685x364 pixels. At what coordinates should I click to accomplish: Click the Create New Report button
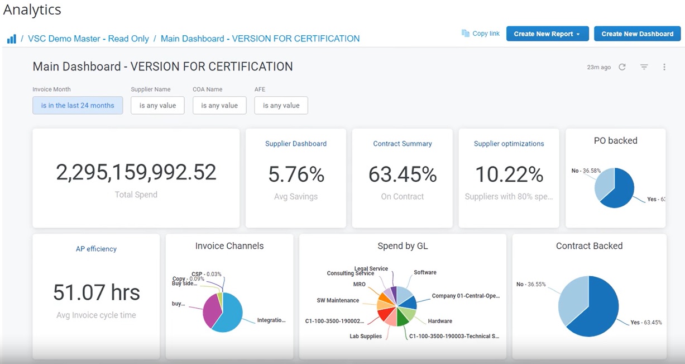point(547,34)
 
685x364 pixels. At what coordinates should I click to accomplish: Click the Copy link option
point(481,34)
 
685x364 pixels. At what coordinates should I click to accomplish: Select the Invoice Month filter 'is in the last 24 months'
point(78,105)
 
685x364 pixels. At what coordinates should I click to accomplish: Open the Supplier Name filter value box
point(157,105)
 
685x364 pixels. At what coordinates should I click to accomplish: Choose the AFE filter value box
point(281,105)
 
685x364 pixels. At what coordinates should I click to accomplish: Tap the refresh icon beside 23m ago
point(622,67)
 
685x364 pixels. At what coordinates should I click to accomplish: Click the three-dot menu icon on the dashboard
point(664,67)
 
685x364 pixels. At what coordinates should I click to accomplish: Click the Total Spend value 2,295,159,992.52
point(136,173)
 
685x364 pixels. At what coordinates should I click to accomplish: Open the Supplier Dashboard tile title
point(296,144)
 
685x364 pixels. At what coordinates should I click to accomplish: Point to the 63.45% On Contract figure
point(403,175)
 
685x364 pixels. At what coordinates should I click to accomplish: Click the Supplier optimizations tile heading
point(509,144)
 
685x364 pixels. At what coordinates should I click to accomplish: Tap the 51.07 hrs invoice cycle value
point(96,292)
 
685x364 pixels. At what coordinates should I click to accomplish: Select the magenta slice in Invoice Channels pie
point(211,310)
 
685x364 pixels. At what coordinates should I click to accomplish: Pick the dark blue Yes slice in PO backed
point(619,190)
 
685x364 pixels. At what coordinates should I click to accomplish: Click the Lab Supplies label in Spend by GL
point(366,336)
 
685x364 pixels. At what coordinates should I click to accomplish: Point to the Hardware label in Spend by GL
point(440,321)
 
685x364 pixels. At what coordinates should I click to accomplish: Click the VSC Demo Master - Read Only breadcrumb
point(88,39)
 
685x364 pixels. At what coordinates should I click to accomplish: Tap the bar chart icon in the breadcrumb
point(12,39)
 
